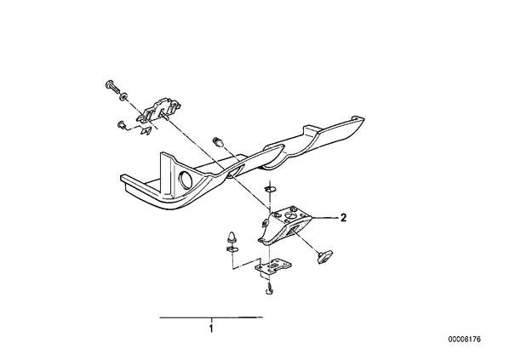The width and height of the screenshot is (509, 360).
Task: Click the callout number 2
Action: (x=343, y=217)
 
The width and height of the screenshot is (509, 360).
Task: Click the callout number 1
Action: (x=211, y=329)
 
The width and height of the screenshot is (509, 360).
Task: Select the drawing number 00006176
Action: (x=465, y=340)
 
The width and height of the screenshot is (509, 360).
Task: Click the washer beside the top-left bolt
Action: (x=123, y=96)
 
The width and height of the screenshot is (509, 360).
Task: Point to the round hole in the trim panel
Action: (x=186, y=180)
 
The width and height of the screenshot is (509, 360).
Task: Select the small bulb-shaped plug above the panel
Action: (x=218, y=142)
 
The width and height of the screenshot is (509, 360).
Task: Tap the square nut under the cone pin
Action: (x=231, y=249)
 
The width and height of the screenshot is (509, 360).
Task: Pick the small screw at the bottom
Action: (x=268, y=289)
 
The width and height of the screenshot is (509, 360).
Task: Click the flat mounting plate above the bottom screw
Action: (x=272, y=266)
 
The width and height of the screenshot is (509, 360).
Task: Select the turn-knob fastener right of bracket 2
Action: (x=324, y=257)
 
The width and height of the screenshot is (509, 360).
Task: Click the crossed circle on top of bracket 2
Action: (x=290, y=216)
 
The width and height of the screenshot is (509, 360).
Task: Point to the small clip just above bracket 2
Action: (x=270, y=188)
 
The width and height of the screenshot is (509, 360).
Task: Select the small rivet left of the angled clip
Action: (x=122, y=125)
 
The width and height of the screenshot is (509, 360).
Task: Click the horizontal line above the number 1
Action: (x=211, y=317)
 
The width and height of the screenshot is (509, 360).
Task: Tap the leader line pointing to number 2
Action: (x=323, y=216)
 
